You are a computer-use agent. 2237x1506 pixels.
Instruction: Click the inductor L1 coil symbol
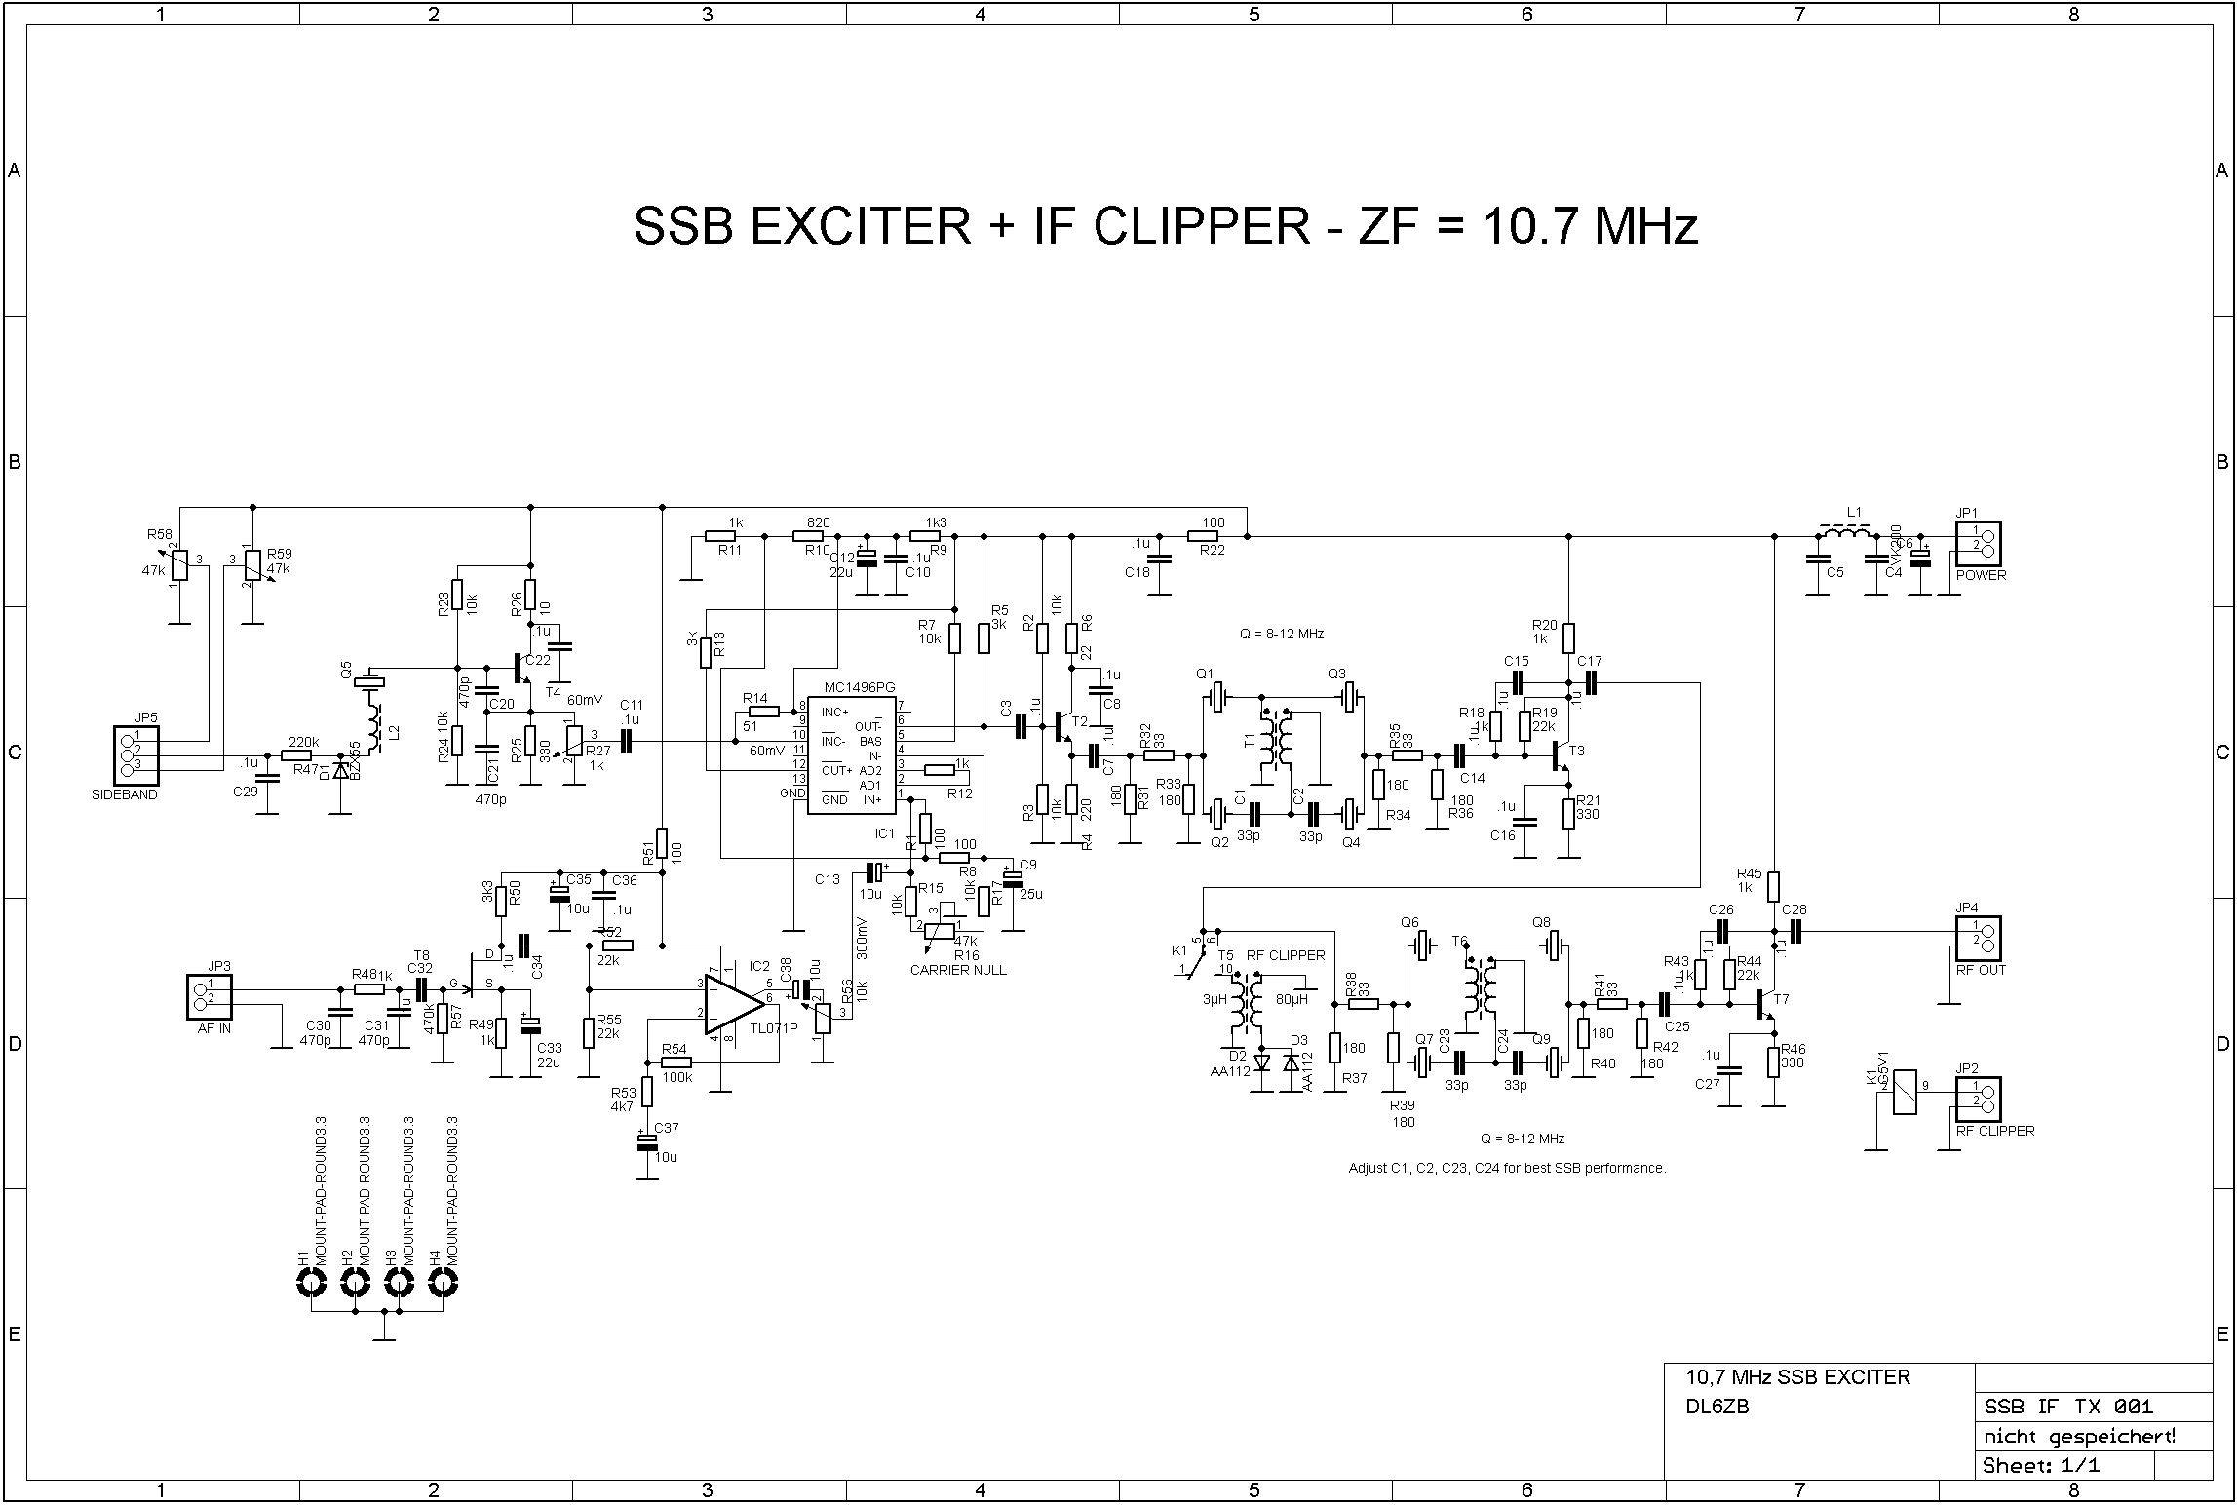tap(1845, 534)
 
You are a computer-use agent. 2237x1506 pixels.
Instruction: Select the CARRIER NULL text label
tap(958, 970)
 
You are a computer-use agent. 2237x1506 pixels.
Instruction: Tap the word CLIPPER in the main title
tap(1201, 227)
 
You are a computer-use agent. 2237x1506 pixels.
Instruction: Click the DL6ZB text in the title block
tap(1717, 1407)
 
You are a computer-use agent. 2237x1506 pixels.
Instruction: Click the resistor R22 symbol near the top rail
tap(1206, 535)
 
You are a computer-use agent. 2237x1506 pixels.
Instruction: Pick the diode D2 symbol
tap(1262, 1062)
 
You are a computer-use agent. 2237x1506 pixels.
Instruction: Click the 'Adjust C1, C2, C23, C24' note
tap(1507, 1168)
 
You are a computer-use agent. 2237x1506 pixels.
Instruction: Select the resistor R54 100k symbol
tap(675, 1063)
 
